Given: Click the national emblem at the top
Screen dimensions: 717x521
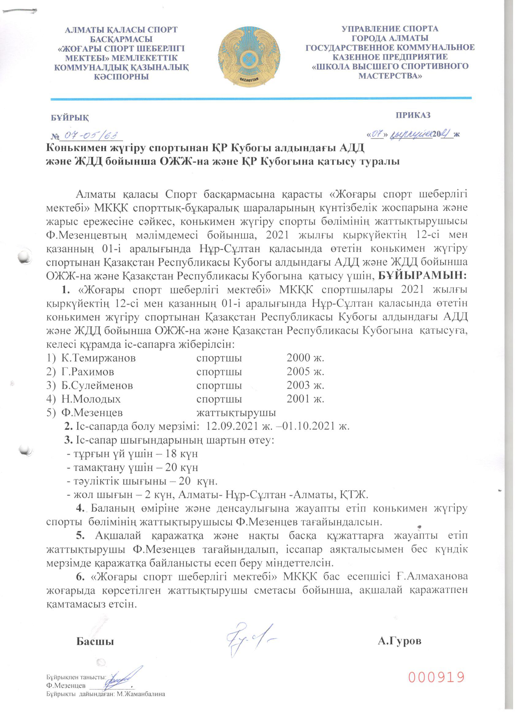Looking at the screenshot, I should [249, 57].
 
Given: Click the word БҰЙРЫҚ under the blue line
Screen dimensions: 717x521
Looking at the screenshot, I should [70, 118].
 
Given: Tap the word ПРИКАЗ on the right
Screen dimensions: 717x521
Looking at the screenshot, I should [413, 115].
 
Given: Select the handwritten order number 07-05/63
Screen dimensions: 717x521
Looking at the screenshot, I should [89, 136].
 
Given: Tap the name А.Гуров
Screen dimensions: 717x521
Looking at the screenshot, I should [399, 641].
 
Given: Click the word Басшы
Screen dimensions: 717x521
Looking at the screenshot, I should [95, 642].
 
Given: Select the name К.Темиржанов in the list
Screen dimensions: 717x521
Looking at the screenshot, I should [98, 358].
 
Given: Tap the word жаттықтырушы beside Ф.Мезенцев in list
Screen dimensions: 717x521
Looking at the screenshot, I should [236, 412].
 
